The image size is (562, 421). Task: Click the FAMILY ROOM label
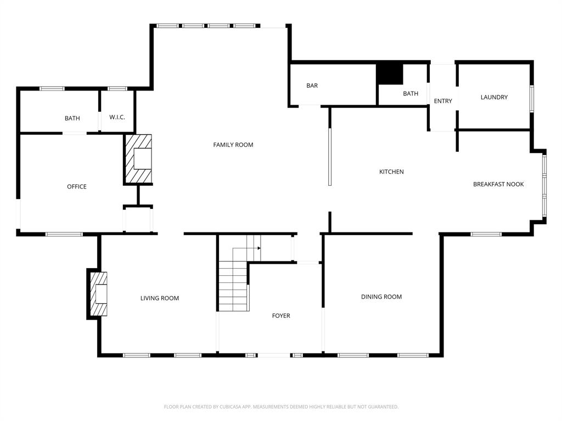(x=233, y=145)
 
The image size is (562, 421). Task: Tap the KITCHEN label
(x=391, y=172)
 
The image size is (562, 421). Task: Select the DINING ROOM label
(x=381, y=297)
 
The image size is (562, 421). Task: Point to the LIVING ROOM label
(x=159, y=298)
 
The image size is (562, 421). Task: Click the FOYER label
(x=281, y=316)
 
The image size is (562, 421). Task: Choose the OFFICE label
(x=77, y=186)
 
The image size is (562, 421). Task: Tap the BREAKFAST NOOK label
(x=498, y=184)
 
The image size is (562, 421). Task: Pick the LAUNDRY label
(x=494, y=97)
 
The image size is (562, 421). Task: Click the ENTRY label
(x=443, y=101)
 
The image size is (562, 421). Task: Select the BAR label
(x=312, y=86)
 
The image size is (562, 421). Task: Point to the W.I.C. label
(x=117, y=117)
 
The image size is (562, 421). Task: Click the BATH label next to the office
(x=72, y=118)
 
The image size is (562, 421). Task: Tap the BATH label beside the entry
(x=411, y=94)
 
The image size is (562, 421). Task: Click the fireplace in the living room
(x=99, y=294)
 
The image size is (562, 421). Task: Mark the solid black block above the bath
(x=389, y=74)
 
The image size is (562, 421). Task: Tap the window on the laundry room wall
(x=531, y=99)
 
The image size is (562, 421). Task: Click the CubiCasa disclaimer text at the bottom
(x=281, y=407)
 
